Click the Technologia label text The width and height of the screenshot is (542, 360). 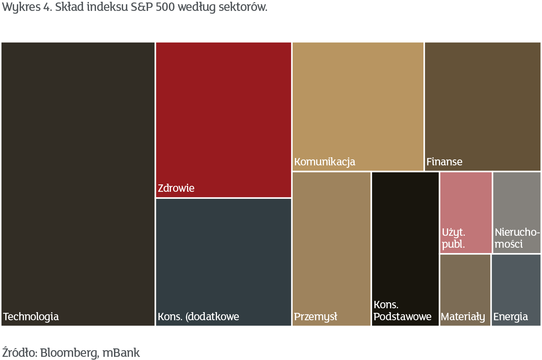[x=31, y=316]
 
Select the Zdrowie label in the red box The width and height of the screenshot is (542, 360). [x=176, y=188]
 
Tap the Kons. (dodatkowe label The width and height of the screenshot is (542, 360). [x=198, y=316]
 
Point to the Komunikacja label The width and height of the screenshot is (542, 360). [x=325, y=162]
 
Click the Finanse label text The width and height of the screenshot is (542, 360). [x=444, y=162]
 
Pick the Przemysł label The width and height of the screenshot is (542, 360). [x=315, y=316]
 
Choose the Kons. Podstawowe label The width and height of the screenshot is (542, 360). [x=402, y=311]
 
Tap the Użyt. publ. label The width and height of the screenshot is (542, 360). [x=454, y=238]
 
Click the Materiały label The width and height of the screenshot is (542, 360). [x=463, y=317]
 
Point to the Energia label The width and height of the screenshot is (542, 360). [x=510, y=317]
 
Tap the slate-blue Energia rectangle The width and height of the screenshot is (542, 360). [x=516, y=282]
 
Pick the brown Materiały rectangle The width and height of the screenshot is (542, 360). [x=465, y=282]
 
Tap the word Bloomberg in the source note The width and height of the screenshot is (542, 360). [x=69, y=353]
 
